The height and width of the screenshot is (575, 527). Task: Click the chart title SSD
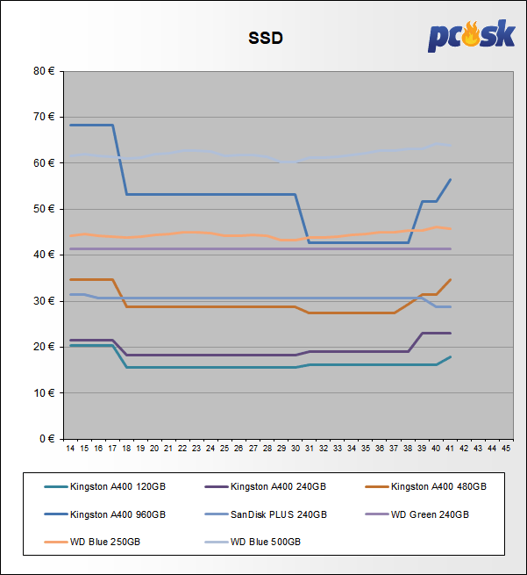pyautogui.click(x=266, y=38)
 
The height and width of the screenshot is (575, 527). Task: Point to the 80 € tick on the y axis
pyautogui.click(x=44, y=71)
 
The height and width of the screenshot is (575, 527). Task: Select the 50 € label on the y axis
pyautogui.click(x=44, y=209)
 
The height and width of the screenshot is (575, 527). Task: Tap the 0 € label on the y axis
pyautogui.click(x=46, y=438)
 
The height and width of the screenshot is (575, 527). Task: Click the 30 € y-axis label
pyautogui.click(x=44, y=301)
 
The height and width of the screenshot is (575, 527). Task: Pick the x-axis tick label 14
pyautogui.click(x=70, y=449)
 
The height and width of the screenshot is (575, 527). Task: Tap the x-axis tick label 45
pyautogui.click(x=506, y=449)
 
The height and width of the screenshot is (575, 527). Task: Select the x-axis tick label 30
pyautogui.click(x=296, y=449)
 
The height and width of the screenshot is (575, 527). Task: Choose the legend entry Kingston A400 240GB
pyautogui.click(x=278, y=485)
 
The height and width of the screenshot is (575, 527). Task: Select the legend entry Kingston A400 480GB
pyautogui.click(x=438, y=485)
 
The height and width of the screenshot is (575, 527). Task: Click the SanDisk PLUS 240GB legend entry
pyautogui.click(x=278, y=514)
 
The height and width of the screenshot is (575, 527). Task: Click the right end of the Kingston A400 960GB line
pyautogui.click(x=451, y=179)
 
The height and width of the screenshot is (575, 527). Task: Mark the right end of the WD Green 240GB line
pyautogui.click(x=451, y=249)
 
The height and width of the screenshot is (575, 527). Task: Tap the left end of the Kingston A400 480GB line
pyautogui.click(x=70, y=279)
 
